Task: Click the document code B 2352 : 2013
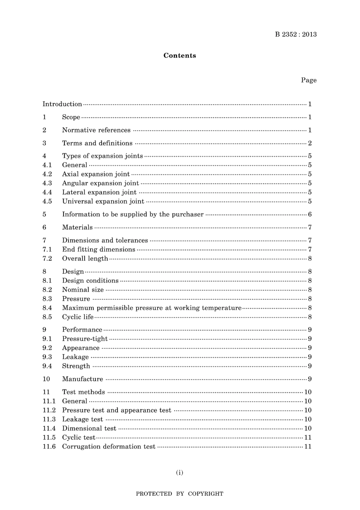[296, 35]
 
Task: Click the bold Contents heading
[180, 56]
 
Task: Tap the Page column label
[308, 80]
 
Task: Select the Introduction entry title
[62, 104]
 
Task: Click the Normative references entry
[96, 130]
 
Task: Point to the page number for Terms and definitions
[310, 143]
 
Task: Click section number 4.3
[47, 183]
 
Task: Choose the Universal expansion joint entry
[103, 201]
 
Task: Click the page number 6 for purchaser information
[310, 215]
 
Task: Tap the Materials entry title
[77, 228]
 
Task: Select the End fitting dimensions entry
[99, 250]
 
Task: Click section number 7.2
[47, 259]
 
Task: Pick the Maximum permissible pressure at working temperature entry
[152, 308]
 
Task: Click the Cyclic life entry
[78, 317]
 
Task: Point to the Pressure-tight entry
[85, 339]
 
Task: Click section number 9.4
[47, 366]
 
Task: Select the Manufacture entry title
[83, 379]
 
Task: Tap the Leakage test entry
[83, 419]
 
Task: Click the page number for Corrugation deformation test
[308, 447]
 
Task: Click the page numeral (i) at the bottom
[180, 472]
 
